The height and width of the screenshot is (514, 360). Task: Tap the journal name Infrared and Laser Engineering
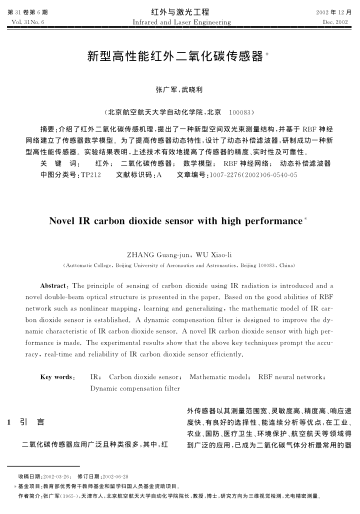point(181,19)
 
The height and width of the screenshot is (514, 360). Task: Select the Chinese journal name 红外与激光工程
point(181,9)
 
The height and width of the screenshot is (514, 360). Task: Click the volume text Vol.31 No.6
point(26,19)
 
